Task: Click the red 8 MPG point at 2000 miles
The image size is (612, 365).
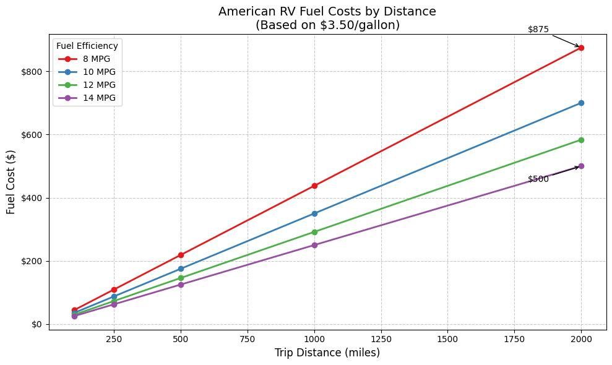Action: (581, 48)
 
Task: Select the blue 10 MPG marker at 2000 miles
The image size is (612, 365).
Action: (581, 103)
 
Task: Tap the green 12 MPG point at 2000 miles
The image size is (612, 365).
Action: (581, 140)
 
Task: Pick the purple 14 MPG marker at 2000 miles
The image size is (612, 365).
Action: (581, 166)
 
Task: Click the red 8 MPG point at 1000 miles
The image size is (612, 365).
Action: (314, 186)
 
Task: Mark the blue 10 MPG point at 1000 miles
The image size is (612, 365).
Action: (314, 213)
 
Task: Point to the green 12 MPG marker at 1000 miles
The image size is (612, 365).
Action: (314, 232)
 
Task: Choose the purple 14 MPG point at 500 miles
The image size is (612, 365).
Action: (181, 285)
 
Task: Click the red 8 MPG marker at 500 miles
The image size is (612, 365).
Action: (181, 255)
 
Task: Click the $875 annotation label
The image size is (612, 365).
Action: (538, 29)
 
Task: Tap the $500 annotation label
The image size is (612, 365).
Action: (538, 179)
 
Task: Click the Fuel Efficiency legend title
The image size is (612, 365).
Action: (87, 46)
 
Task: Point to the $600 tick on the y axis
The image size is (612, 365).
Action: (32, 135)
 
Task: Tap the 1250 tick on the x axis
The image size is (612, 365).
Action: (381, 339)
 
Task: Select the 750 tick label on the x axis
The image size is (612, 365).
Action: (248, 339)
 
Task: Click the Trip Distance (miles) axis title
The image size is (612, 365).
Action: (327, 353)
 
